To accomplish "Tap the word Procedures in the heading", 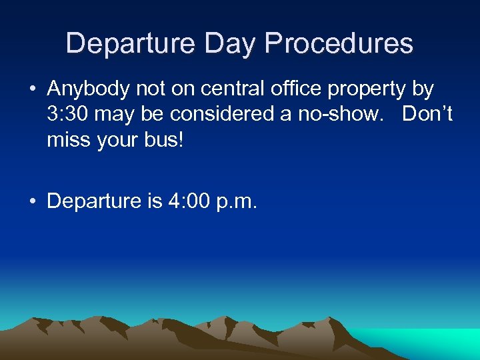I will coord(339,44).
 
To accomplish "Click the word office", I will coord(299,89).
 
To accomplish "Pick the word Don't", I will coord(427,114).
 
